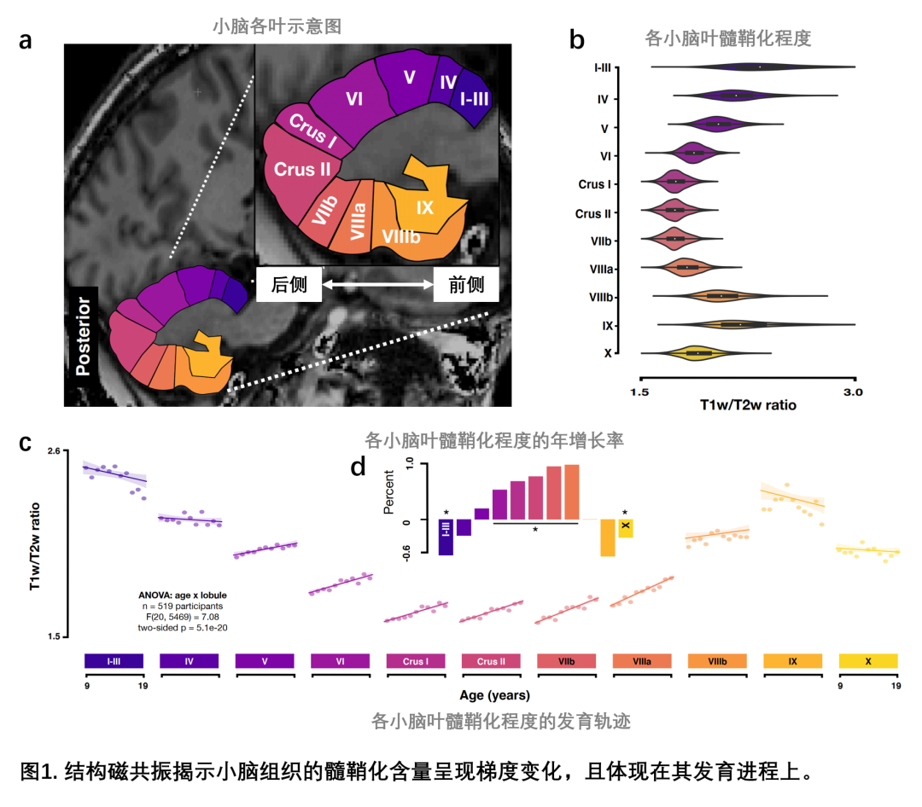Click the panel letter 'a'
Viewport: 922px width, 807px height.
click(x=26, y=40)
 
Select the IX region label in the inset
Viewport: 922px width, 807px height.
click(x=424, y=207)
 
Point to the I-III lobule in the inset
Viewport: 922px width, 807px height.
click(x=474, y=100)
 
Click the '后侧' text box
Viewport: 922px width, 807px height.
click(x=289, y=284)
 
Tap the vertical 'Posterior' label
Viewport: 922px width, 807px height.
click(x=83, y=336)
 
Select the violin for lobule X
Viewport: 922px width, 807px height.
click(x=698, y=352)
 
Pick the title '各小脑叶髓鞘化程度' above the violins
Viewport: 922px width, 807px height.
click(x=727, y=38)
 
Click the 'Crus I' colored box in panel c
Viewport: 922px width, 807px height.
click(x=415, y=661)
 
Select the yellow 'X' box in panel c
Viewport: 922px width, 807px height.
click(x=868, y=661)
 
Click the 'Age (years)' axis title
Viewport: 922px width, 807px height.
click(x=493, y=694)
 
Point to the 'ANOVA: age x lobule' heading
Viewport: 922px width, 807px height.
click(x=183, y=594)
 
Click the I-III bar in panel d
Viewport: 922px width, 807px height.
click(x=446, y=537)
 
